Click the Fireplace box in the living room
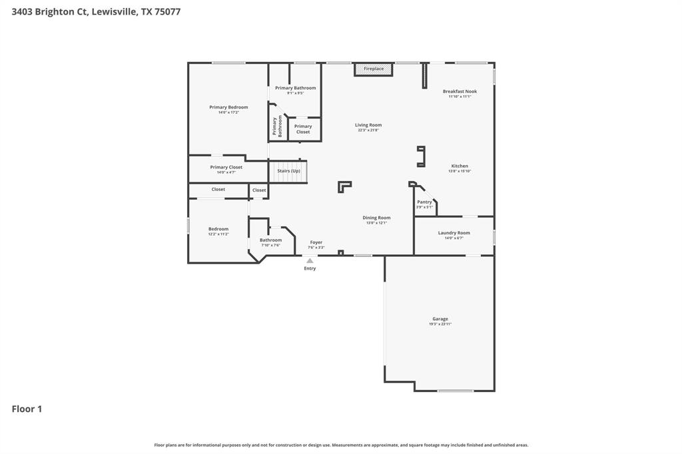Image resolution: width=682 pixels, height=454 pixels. (373, 69)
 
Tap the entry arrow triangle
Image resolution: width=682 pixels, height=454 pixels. (310, 261)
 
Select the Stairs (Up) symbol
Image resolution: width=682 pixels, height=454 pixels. (288, 171)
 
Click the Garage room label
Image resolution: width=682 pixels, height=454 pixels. (440, 319)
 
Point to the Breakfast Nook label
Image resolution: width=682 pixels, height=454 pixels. (460, 91)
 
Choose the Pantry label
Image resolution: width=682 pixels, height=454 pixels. (424, 202)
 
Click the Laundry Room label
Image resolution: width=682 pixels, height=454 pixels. (454, 233)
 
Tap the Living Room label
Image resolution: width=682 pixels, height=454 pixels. (368, 125)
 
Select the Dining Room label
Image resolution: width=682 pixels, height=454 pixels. (376, 218)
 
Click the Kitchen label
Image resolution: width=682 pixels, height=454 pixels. (460, 166)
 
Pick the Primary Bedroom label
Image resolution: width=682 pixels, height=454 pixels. (228, 107)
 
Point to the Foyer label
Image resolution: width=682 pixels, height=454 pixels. (316, 242)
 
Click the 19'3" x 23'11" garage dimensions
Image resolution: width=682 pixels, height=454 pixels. (440, 324)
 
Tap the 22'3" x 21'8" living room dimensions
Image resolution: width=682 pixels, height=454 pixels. (368, 130)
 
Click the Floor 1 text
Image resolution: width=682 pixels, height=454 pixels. (27, 409)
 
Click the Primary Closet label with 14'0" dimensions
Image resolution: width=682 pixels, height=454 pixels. (226, 167)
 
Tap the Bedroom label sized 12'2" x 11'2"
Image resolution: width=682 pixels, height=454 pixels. (218, 229)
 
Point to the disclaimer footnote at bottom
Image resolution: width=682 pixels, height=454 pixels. (341, 445)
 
